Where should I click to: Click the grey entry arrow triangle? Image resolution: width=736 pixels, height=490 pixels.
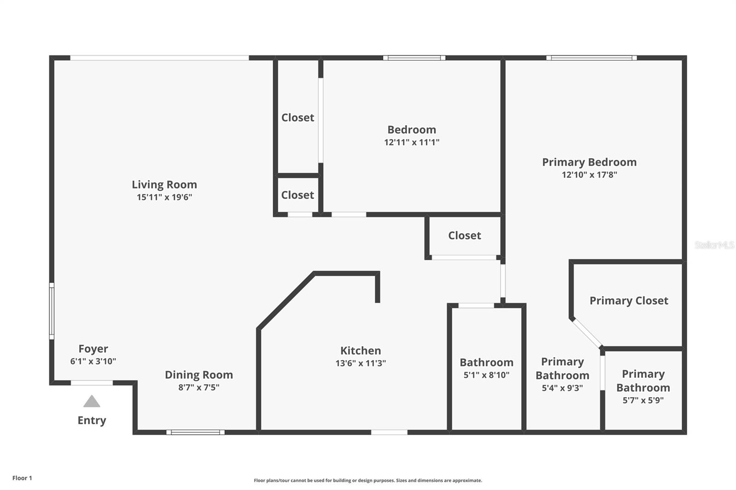point(92,402)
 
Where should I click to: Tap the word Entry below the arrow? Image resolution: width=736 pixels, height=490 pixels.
point(92,420)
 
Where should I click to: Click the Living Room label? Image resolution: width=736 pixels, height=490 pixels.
point(164,184)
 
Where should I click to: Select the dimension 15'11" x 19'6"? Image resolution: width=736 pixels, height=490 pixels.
point(164,197)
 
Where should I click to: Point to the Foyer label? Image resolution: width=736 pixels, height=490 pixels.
point(93,348)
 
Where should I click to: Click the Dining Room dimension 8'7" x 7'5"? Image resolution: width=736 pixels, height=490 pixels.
point(199,387)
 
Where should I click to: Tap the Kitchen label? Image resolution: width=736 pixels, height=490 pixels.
point(360,350)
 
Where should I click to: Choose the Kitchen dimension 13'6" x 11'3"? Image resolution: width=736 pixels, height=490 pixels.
point(360,363)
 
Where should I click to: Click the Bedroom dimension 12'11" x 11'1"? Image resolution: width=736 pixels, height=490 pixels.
point(412,142)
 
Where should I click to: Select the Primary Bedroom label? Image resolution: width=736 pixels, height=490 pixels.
point(589,162)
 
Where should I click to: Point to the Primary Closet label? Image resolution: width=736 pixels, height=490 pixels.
point(629,301)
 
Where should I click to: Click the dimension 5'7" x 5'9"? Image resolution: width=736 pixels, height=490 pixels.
point(643,400)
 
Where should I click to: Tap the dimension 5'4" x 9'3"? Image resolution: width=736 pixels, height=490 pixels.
point(562,388)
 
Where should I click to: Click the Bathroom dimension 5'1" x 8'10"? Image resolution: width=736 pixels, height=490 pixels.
point(486,375)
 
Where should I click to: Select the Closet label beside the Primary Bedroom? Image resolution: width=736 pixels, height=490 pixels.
point(465,235)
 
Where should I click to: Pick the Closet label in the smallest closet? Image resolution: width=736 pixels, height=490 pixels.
point(298,195)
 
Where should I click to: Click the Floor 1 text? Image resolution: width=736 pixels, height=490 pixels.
point(22,478)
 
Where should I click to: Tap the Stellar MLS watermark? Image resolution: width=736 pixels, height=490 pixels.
point(714,245)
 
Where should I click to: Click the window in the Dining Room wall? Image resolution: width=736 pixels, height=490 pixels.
point(195,432)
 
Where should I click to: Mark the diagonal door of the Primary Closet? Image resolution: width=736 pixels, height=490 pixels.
point(587,333)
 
